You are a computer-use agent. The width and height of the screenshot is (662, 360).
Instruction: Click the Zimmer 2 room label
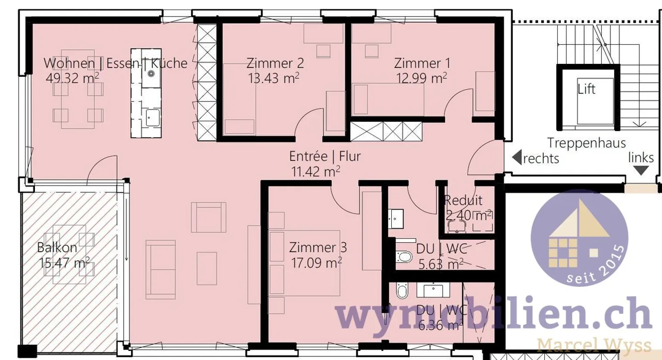coord(275,63)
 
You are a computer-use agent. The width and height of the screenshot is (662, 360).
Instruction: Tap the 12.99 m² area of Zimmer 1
coord(422,78)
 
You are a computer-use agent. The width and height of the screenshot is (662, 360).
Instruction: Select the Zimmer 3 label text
coord(318,247)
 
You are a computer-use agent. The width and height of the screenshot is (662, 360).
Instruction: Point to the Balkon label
coord(57,247)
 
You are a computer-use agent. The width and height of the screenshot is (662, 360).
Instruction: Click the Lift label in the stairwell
coord(587,89)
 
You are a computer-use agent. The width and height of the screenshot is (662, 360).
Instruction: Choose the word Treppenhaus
coord(587,143)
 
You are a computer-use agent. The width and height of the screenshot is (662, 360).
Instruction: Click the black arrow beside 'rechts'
coord(516,158)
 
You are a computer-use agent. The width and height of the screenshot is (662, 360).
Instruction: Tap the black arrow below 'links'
coord(642,171)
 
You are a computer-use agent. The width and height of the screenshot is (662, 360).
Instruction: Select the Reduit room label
coord(463,200)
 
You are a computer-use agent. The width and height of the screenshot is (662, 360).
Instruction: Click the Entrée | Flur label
coord(325,156)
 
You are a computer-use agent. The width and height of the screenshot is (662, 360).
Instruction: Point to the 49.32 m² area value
coord(72,78)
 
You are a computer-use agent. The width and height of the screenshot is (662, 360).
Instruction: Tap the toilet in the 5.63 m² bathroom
coord(404,256)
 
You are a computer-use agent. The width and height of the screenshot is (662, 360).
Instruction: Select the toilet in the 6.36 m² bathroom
coord(402,291)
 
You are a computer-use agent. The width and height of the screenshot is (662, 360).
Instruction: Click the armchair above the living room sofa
coord(209,217)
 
